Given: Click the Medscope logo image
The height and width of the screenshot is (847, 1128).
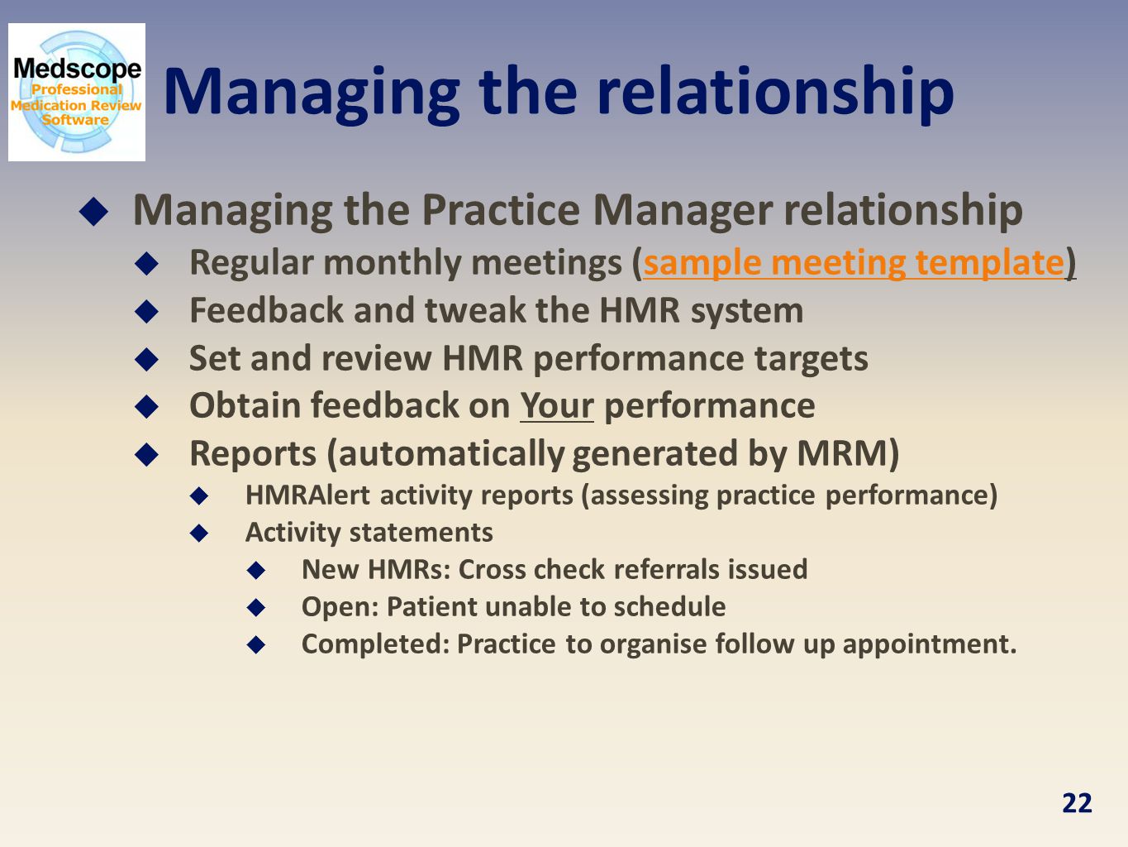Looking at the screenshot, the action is click(77, 92).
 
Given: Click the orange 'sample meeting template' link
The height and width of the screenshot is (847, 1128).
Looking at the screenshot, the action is click(854, 263).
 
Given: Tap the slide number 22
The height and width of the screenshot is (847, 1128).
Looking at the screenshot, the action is click(1077, 803).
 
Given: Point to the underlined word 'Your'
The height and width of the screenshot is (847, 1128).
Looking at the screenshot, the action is click(557, 406).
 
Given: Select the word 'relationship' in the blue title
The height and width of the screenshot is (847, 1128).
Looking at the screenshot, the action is click(776, 94).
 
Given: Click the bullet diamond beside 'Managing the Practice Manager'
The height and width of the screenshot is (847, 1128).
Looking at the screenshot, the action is click(93, 211).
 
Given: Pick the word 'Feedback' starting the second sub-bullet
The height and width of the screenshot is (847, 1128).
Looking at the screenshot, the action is click(266, 310).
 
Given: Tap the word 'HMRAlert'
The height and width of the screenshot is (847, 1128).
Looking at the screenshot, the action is click(307, 495).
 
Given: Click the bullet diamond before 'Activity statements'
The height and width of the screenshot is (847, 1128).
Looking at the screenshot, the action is click(199, 533).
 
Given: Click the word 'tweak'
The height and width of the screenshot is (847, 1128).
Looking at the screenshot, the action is click(474, 311).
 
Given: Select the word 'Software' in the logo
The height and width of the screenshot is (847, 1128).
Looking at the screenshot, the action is click(75, 120).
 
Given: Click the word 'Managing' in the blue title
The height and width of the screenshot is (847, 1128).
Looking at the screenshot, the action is click(312, 95).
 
